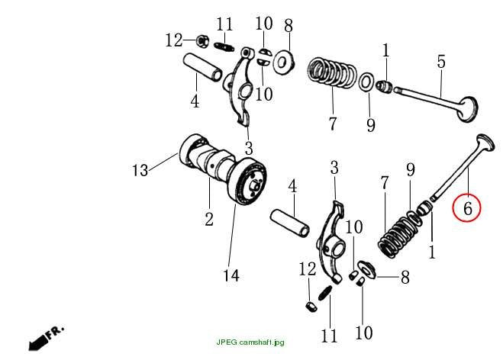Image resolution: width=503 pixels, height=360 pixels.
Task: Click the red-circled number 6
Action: pos(468,208)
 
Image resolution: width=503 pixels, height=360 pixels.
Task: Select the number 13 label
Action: pos(140,170)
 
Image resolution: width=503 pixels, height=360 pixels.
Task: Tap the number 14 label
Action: pos(231,275)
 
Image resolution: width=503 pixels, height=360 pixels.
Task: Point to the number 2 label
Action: pos(209,220)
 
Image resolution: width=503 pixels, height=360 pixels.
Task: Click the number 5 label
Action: pos(441,62)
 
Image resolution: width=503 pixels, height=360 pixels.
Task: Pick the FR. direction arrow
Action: pos(46,338)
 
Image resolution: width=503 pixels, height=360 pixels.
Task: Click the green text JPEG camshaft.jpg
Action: pos(250,342)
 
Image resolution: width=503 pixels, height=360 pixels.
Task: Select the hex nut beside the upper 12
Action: pos(202,40)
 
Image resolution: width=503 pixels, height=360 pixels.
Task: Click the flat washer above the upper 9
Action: pos(366,82)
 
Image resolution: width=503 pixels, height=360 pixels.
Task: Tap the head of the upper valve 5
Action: pos(467,110)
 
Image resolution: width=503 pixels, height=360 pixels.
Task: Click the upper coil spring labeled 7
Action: pos(332,72)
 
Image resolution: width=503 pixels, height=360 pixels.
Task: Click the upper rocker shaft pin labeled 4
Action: pos(203,67)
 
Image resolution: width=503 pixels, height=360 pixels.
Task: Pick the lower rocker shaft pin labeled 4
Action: pos(290,223)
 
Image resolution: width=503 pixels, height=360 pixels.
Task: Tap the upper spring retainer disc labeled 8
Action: pos(283,63)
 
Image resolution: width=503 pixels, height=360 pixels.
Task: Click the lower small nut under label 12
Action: pos(311,307)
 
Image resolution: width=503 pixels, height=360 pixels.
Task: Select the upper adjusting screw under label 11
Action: pos(224,47)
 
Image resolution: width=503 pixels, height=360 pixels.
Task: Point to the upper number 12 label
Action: pos(173,40)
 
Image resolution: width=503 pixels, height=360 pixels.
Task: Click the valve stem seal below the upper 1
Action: pos(384,87)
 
